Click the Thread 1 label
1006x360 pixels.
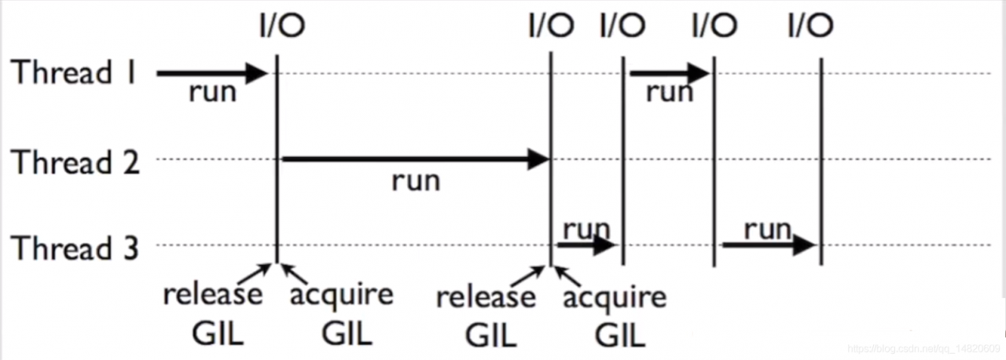[x=75, y=73]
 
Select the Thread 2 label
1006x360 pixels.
[x=75, y=162]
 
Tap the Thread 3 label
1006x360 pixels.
[x=75, y=248]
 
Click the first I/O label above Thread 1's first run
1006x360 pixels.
[x=281, y=26]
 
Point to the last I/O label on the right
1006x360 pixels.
[x=810, y=26]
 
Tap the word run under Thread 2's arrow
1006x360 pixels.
[x=416, y=182]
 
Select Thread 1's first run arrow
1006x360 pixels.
[x=212, y=74]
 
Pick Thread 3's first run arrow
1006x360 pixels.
[x=586, y=245]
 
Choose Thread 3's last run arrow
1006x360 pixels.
[x=769, y=245]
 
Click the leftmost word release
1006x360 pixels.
[x=213, y=296]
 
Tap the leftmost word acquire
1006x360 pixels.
[x=341, y=296]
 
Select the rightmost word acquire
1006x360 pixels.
[x=615, y=298]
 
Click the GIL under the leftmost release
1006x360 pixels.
[x=218, y=335]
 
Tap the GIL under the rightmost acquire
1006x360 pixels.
[x=620, y=336]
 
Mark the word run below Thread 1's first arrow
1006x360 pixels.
[x=212, y=93]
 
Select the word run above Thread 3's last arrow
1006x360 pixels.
[x=767, y=229]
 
